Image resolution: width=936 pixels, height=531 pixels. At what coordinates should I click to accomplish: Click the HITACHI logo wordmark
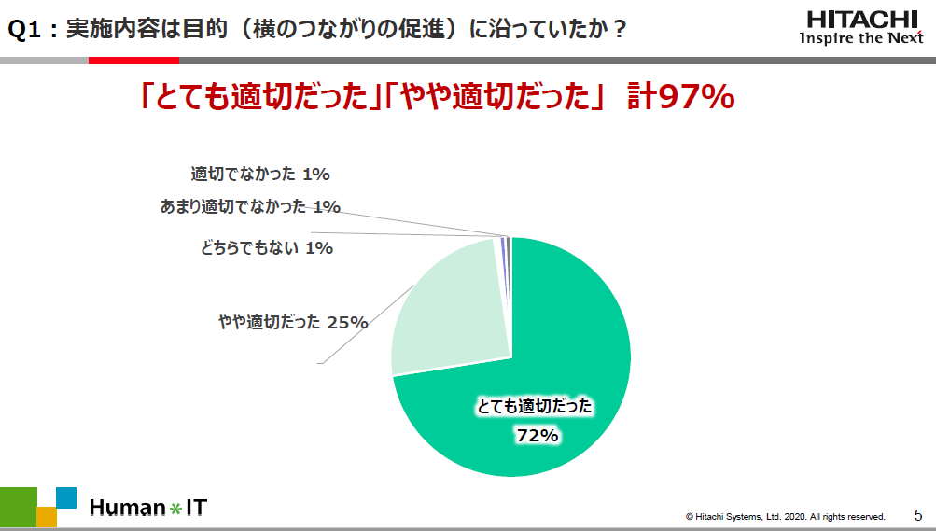pyautogui.click(x=861, y=19)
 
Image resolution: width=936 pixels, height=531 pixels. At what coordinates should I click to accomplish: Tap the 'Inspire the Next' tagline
pyautogui.click(x=861, y=38)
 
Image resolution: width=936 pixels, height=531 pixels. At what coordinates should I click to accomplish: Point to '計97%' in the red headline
pyautogui.click(x=682, y=97)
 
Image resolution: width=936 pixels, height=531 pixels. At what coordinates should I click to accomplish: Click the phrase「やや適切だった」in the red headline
pyautogui.click(x=496, y=97)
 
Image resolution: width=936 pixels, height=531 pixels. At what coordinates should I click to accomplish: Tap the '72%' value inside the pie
pyautogui.click(x=537, y=435)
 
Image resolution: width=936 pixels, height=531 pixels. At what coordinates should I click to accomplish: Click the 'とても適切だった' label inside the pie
pyautogui.click(x=535, y=406)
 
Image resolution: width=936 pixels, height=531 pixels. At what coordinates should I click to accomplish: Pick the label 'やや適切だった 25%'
pyautogui.click(x=292, y=322)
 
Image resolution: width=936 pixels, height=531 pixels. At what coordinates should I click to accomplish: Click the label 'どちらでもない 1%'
pyautogui.click(x=266, y=247)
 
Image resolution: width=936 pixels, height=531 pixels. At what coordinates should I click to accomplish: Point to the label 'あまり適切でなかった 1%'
pyautogui.click(x=250, y=206)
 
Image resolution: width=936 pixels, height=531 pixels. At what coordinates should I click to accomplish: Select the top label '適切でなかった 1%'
pyautogui.click(x=260, y=173)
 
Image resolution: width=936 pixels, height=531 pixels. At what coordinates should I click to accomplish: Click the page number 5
pyautogui.click(x=917, y=514)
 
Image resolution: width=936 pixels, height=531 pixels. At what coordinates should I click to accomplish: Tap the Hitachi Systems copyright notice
pyautogui.click(x=785, y=516)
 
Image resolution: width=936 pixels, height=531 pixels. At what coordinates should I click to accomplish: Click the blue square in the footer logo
pyautogui.click(x=65, y=496)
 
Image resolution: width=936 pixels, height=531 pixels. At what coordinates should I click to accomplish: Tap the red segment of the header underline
pyautogui.click(x=120, y=60)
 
